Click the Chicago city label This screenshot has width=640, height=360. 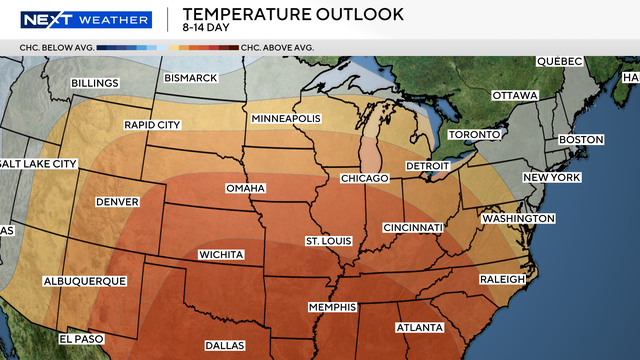(x=363, y=178)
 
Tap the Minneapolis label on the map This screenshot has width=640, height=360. (x=286, y=119)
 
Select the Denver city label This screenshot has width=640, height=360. (x=117, y=202)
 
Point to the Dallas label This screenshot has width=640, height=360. (x=227, y=345)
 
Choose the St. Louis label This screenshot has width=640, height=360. (x=330, y=241)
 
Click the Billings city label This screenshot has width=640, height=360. (x=94, y=83)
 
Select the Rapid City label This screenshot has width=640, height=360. (x=153, y=125)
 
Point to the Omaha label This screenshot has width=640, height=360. (x=246, y=189)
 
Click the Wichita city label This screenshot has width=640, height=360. (x=221, y=255)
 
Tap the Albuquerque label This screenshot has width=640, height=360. (x=85, y=282)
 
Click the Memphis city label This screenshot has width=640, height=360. (x=333, y=307)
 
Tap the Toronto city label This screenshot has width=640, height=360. (x=474, y=135)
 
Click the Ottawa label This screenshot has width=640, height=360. (x=515, y=96)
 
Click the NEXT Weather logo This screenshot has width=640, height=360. (x=86, y=19)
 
